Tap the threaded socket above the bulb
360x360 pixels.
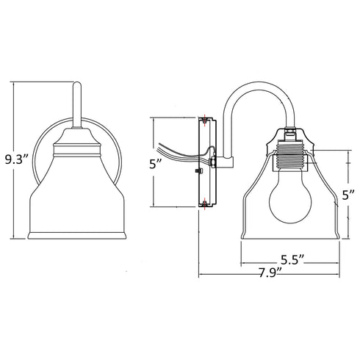(292, 159)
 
